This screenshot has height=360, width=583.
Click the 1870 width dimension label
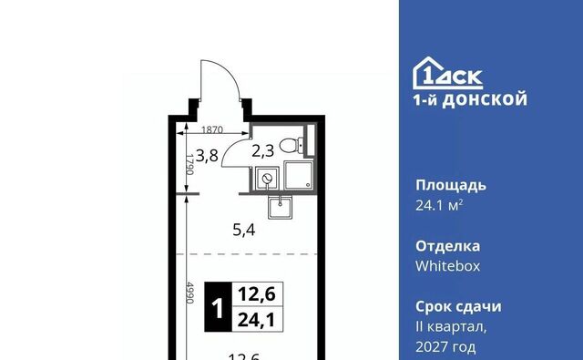coord(212,129)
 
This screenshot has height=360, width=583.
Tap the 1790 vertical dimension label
coord(189,164)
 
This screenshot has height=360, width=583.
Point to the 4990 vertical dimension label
coord(189,293)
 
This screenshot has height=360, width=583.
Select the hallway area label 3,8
coord(207,156)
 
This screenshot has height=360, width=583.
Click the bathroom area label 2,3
coord(263,151)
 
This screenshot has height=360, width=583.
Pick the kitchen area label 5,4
coord(244,230)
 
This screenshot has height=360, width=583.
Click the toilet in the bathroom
coord(291,145)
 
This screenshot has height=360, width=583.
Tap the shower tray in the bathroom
coord(299,175)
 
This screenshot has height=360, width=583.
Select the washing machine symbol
coord(267,179)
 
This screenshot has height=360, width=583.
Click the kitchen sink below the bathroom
coord(281,207)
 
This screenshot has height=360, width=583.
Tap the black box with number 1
coord(218,307)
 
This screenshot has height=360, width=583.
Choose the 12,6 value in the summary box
coord(257,294)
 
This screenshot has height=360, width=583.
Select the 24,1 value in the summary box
coord(256,320)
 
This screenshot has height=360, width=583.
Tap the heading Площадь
coord(451,185)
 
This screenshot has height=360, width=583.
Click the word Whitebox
coord(447,266)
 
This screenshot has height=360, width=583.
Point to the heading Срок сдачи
coord(458,307)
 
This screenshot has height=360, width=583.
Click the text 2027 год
coord(445,347)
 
